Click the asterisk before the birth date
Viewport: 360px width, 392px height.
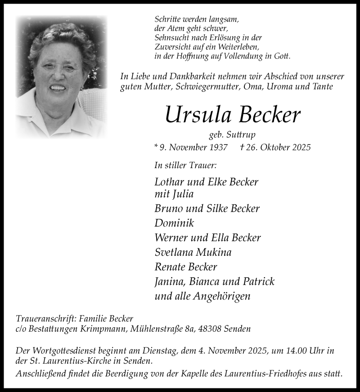(x=156, y=146)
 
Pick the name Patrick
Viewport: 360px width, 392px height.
(x=257, y=281)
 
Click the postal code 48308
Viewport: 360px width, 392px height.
(x=210, y=329)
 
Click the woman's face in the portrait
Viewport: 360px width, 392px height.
(x=58, y=74)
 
